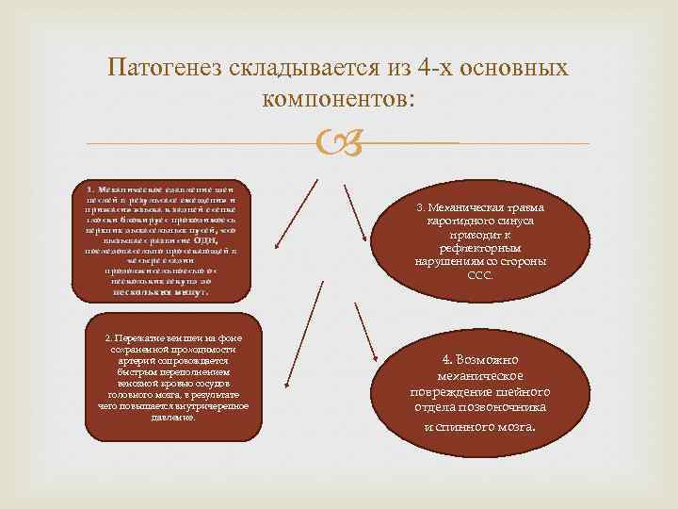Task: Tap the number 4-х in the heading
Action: (412, 69)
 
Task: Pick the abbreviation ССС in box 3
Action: (479, 275)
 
